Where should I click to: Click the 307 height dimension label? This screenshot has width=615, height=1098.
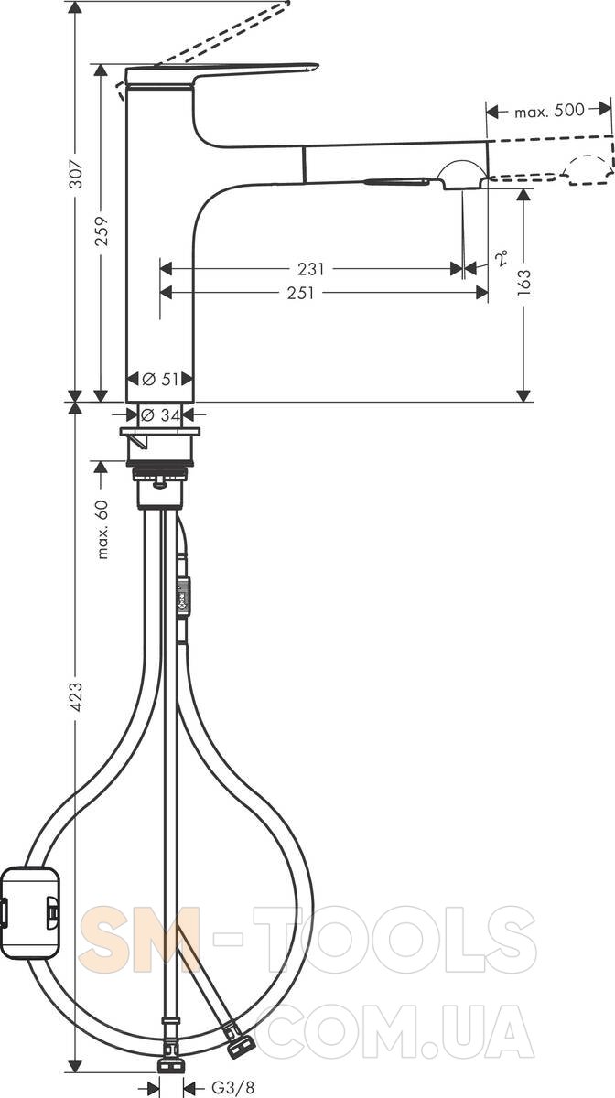[76, 174]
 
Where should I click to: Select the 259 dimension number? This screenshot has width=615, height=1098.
[102, 231]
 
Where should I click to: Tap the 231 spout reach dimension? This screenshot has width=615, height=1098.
[311, 269]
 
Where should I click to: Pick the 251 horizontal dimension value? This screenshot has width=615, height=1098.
[300, 293]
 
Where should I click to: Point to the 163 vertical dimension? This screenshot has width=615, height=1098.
[523, 282]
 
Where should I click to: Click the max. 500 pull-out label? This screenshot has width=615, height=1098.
[549, 111]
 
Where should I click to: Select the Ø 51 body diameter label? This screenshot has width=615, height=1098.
[160, 379]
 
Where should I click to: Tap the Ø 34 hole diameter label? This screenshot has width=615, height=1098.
[161, 415]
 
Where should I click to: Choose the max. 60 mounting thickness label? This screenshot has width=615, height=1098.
[102, 530]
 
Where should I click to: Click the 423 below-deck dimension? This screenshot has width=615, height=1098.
[76, 696]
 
